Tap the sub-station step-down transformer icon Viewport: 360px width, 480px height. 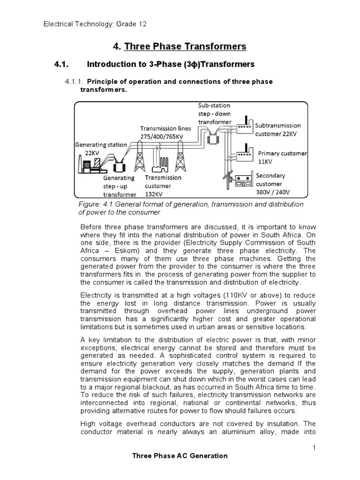coord(215,137)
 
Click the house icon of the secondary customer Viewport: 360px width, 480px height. coord(241,182)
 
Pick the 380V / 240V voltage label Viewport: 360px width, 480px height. coord(273,192)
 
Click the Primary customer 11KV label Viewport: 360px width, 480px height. coord(282,157)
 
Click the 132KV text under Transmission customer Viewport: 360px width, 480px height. coord(154,195)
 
